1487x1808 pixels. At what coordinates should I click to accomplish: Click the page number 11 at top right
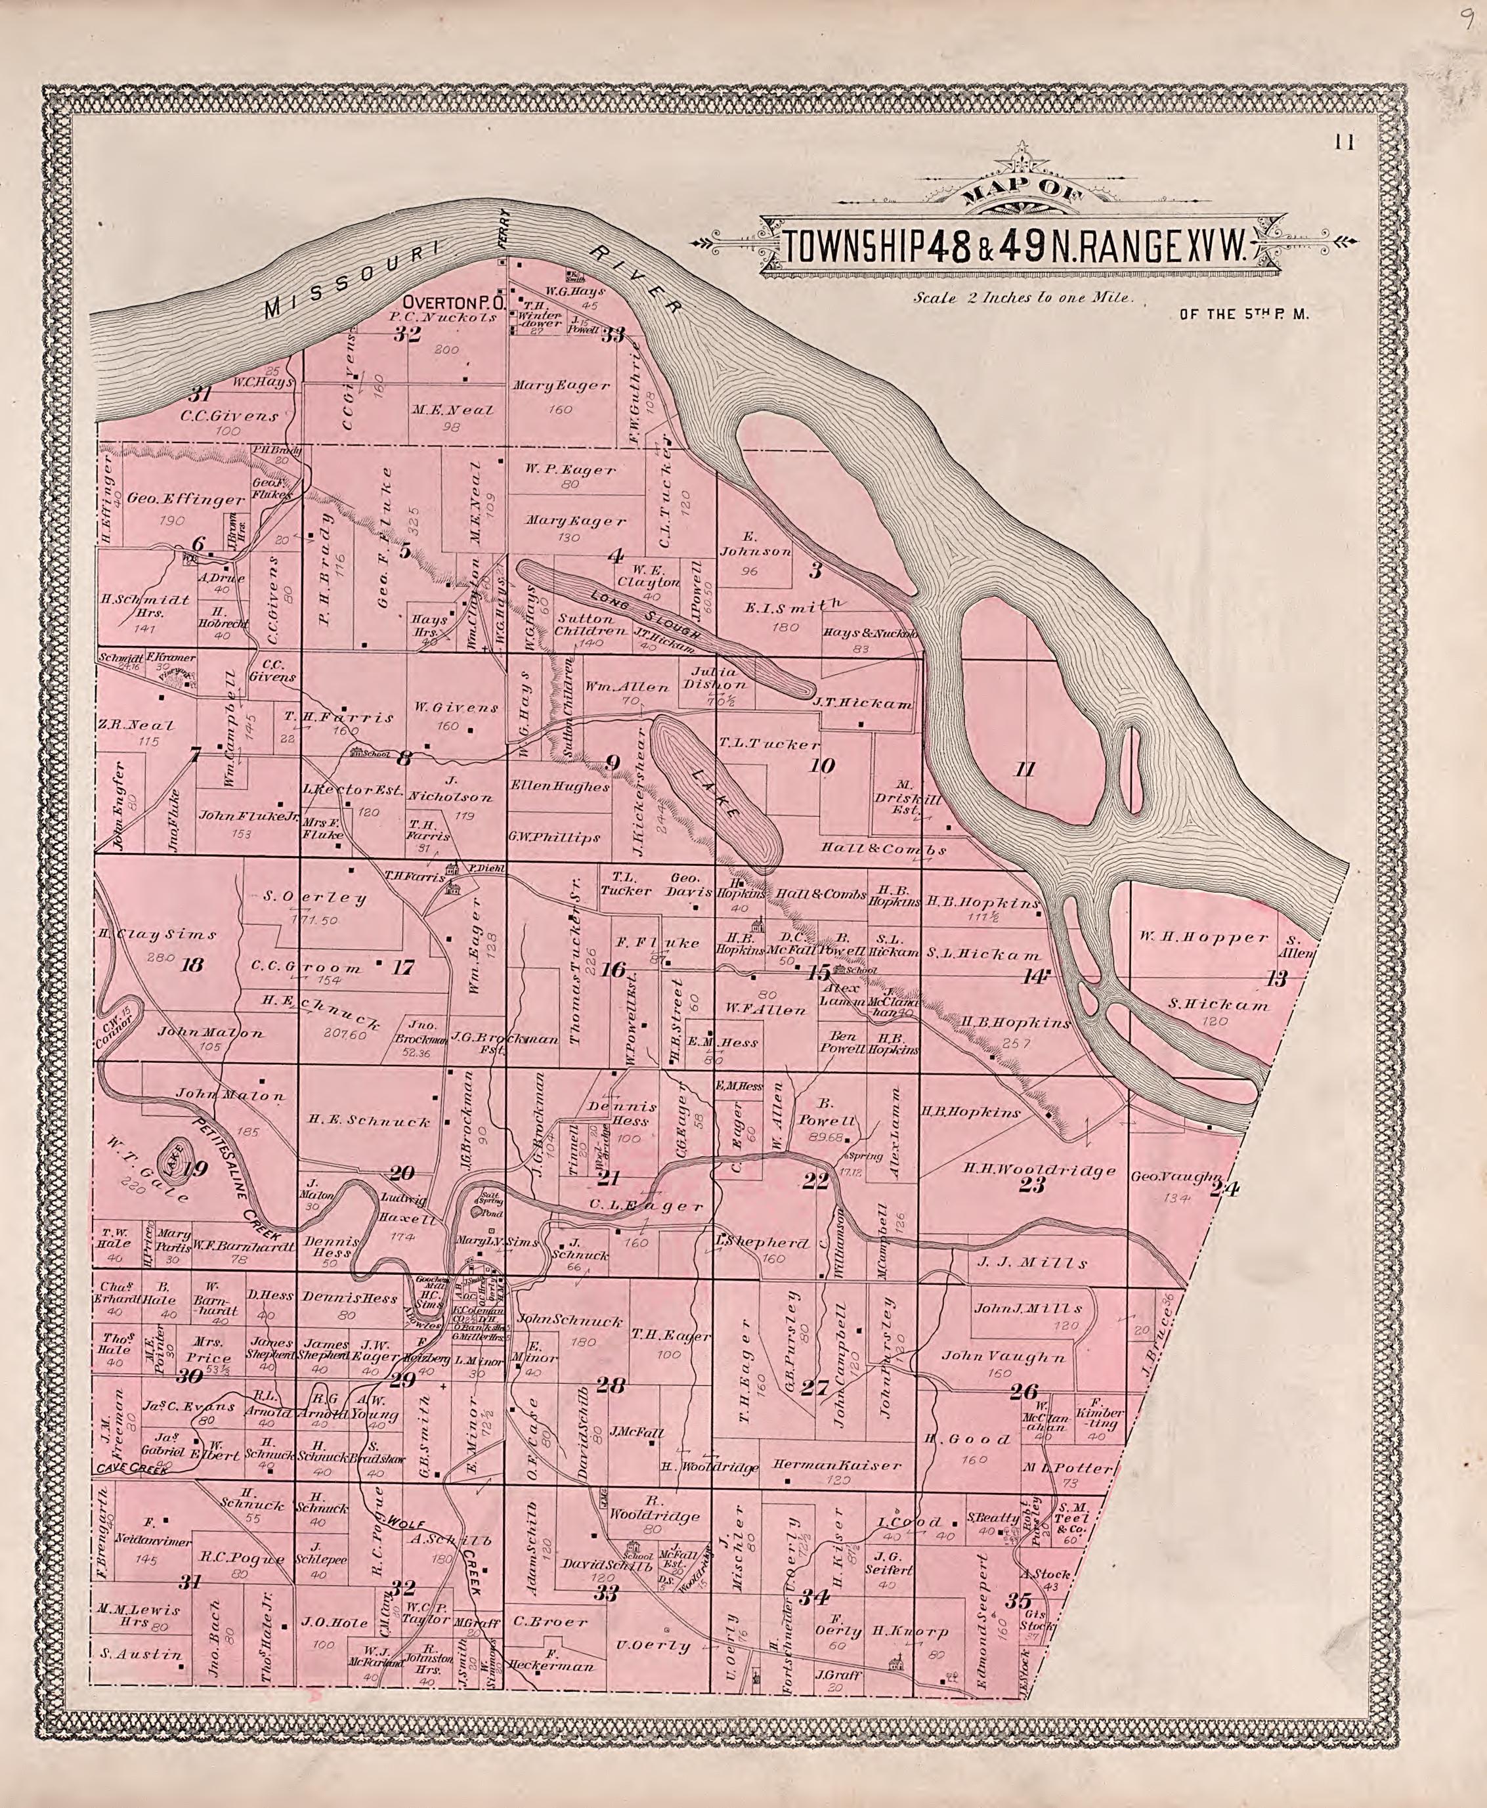tap(1344, 143)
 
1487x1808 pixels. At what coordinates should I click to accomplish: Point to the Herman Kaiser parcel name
tap(837, 1465)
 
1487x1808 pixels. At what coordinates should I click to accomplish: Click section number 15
tap(819, 972)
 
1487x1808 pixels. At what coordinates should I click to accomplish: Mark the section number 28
tap(611, 1385)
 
